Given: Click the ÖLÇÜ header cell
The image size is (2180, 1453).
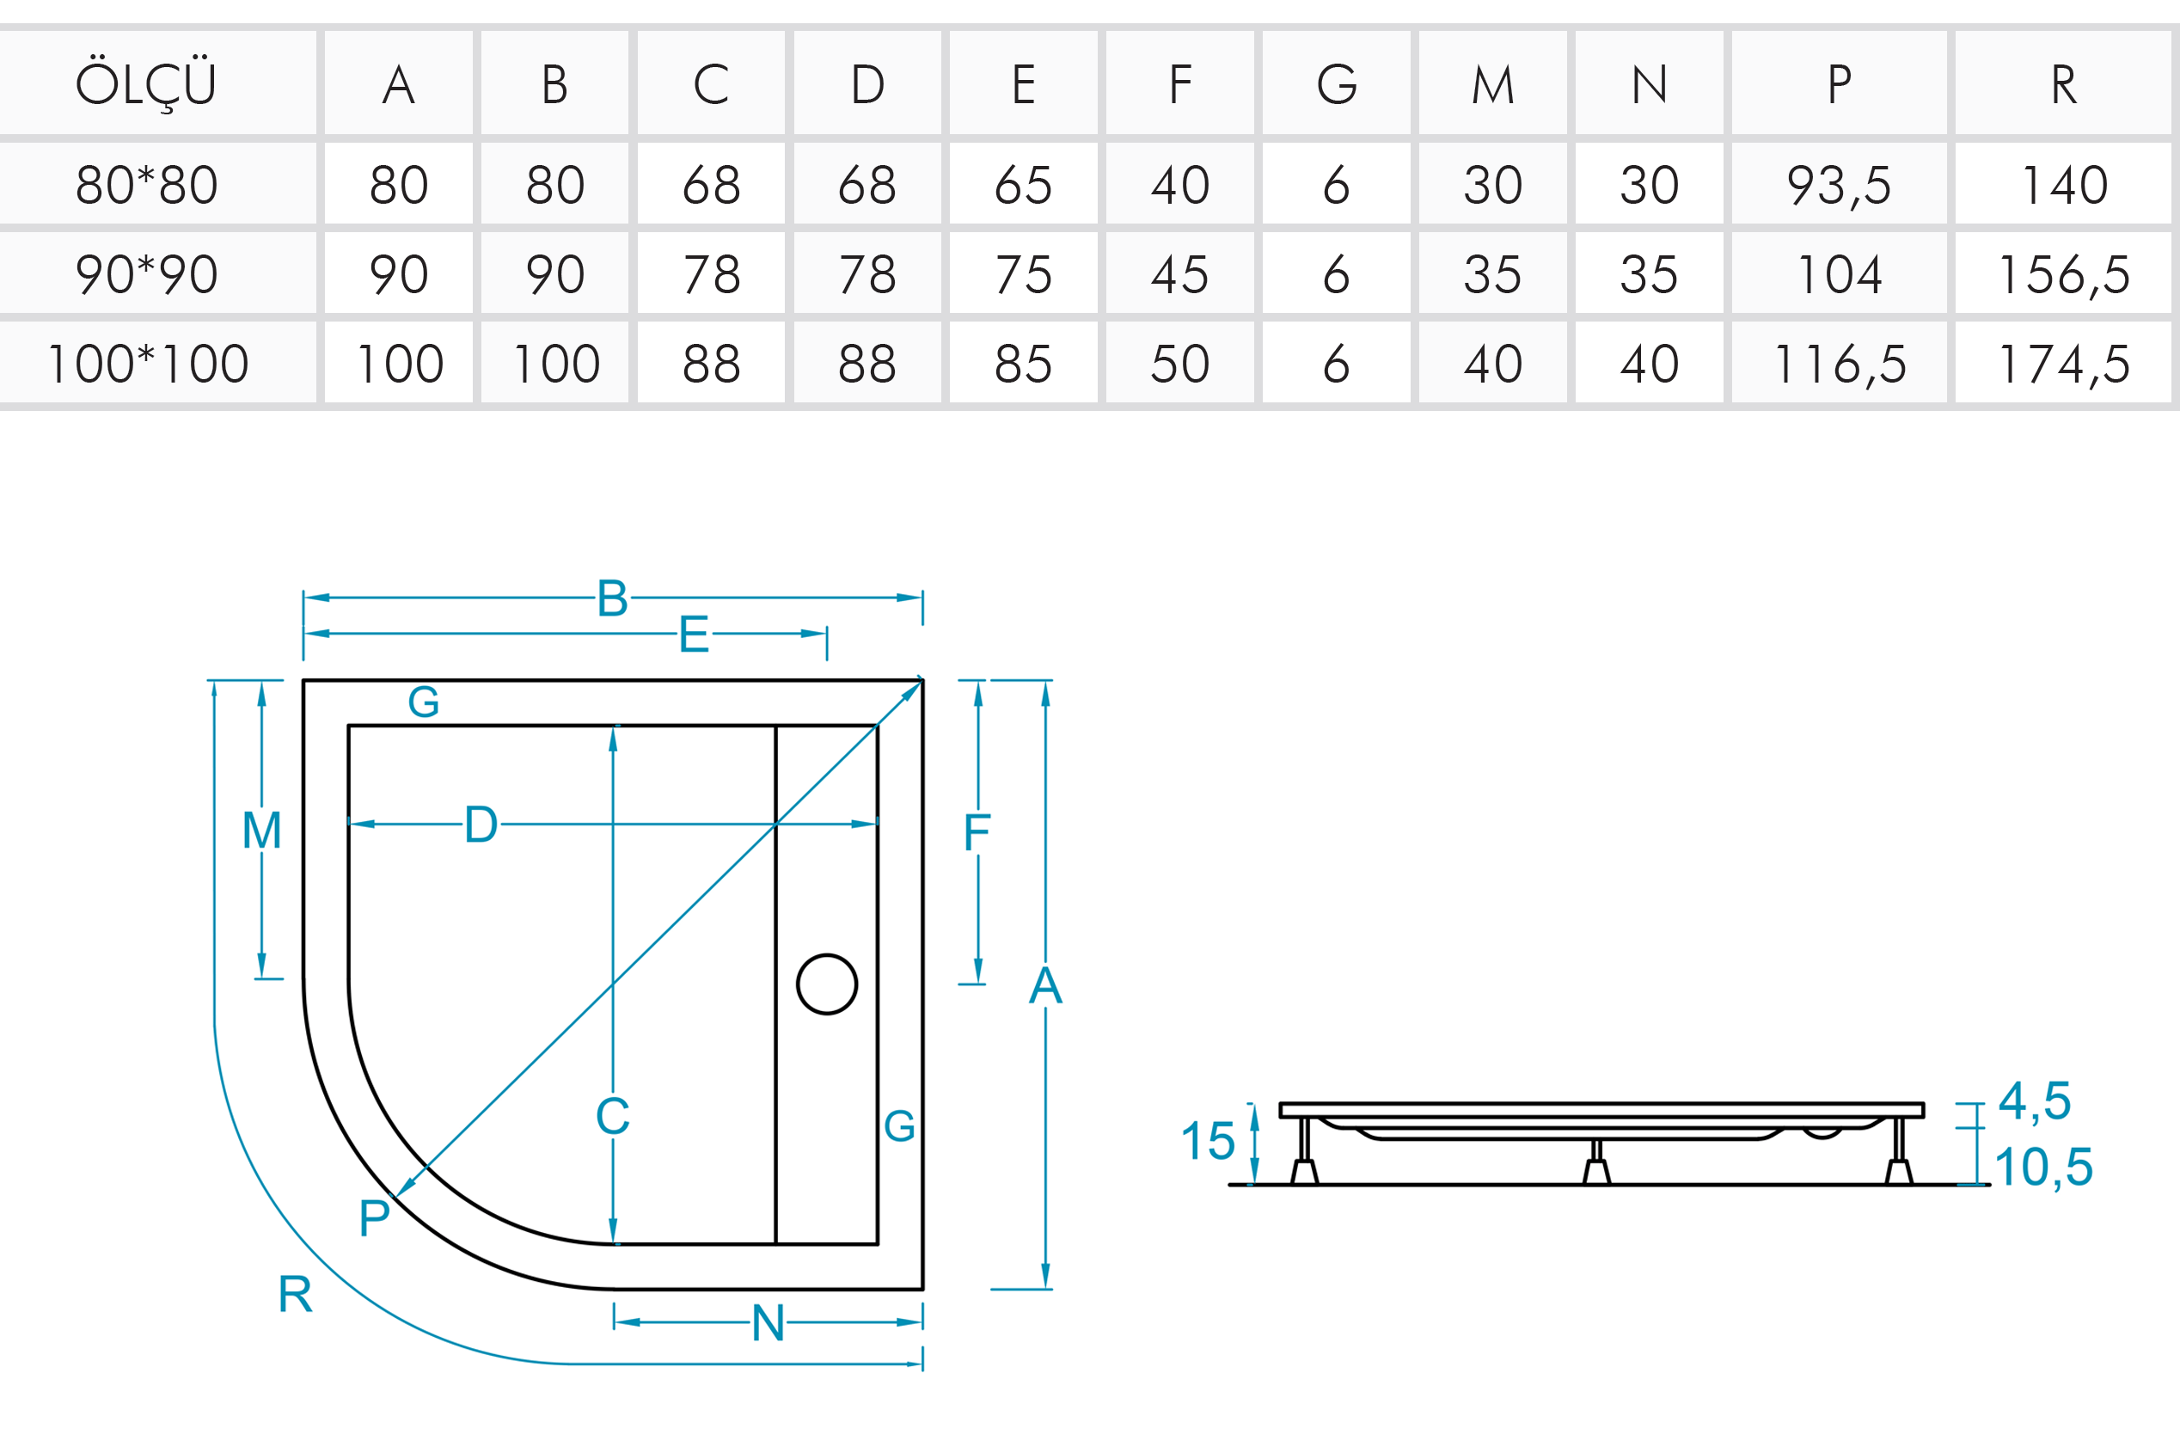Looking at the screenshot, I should pos(146,84).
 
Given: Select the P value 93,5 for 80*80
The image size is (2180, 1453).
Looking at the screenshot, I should pos(1839,184).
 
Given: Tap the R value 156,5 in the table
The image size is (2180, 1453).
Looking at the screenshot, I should pos(2064,274).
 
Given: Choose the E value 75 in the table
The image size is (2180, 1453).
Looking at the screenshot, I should pos(1023,274).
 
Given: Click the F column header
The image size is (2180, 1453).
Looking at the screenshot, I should pos(1179,84).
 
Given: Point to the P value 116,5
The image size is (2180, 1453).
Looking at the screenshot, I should pos(1839,363).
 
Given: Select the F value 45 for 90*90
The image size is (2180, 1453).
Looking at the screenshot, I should pos(1179,274).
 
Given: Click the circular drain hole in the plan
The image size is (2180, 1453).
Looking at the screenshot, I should pos(826,984).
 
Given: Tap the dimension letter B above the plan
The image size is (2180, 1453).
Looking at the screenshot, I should pos(612,598).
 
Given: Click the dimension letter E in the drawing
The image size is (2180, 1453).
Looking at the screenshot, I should pos(694,635).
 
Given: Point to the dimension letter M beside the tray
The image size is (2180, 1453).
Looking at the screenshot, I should pos(261,831).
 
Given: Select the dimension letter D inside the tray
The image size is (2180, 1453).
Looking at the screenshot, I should pos(481,825).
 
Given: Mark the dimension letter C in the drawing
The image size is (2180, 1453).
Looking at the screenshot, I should pos(612,1116).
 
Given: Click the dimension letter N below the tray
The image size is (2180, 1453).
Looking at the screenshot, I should pos(768,1322).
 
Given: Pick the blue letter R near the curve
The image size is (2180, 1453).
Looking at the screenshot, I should pos(296,1294).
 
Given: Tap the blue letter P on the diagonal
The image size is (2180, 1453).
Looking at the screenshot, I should pos(374,1217).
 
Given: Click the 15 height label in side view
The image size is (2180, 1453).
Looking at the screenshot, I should pos(1207,1141).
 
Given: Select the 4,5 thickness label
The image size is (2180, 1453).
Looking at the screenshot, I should pos(2035,1100).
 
